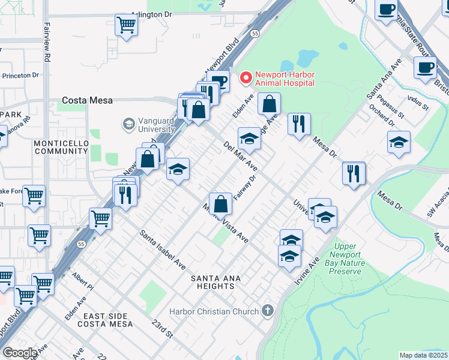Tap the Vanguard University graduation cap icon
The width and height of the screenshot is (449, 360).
tap(128, 124)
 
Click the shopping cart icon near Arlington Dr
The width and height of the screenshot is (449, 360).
tap(127, 25)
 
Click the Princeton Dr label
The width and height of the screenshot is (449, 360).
tap(20, 76)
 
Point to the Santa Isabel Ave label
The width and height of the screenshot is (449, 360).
tap(163, 248)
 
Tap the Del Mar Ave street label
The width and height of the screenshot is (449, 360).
tap(240, 156)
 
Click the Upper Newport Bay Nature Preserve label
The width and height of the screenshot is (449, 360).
tap(346, 259)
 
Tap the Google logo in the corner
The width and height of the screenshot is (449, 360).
tap(19, 353)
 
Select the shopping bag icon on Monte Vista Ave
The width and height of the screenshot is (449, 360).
tap(221, 203)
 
